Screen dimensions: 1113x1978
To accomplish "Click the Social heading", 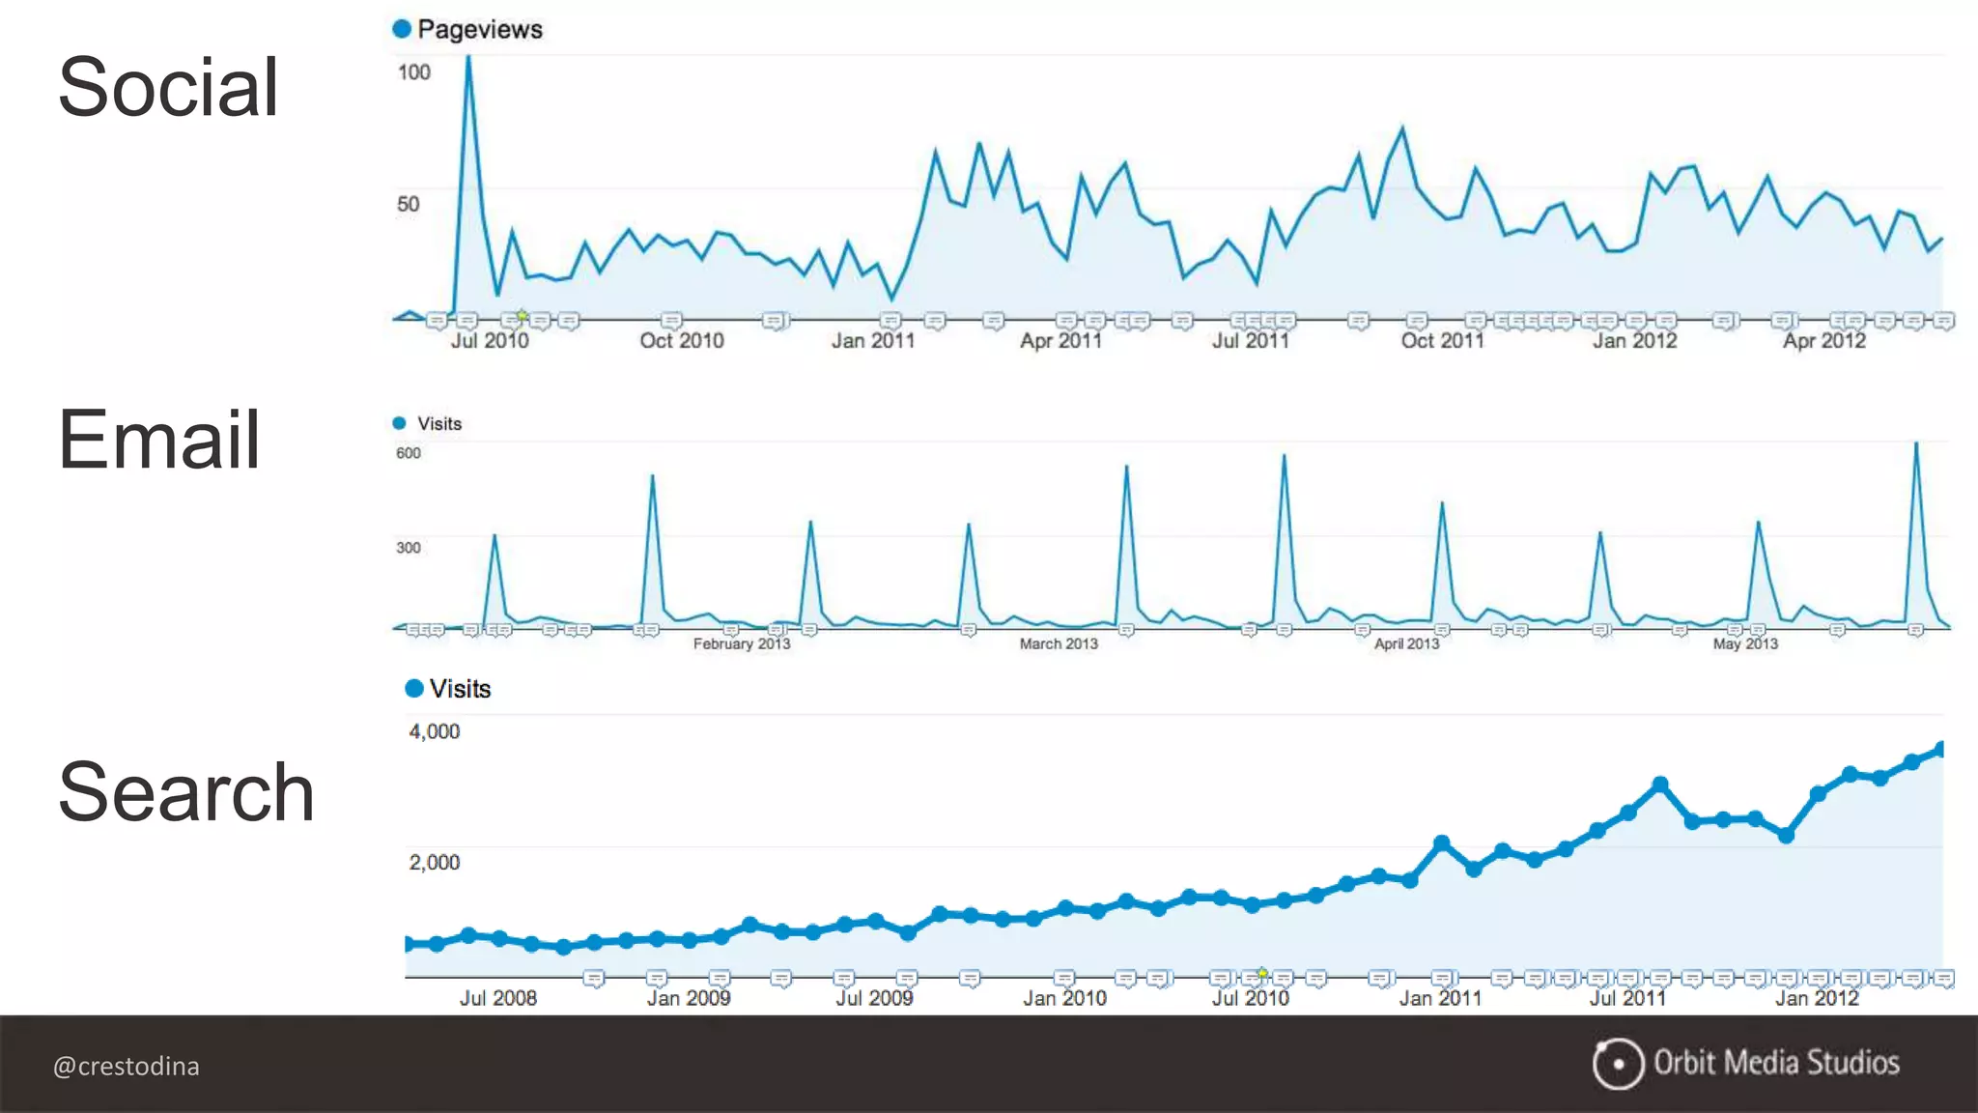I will point(168,87).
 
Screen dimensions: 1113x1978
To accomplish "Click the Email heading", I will point(159,440).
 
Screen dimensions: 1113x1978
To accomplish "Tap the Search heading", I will point(186,792).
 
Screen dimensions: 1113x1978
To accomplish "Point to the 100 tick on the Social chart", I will point(413,72).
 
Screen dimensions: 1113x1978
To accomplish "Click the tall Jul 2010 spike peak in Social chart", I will point(468,58).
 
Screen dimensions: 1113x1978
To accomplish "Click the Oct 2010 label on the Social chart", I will point(681,340).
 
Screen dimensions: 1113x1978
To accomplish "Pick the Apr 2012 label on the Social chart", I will point(1823,340).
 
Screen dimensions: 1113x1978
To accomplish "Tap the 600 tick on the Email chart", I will point(409,453).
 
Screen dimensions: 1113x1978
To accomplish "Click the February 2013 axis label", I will point(741,643).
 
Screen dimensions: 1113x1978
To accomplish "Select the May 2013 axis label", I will point(1744,643).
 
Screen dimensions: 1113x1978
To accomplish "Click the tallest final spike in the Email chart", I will point(1916,444).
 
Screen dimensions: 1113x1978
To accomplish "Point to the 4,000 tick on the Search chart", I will point(434,731).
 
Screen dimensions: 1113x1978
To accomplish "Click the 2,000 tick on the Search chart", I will point(434,862).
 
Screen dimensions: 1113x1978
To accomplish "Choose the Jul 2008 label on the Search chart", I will point(497,998).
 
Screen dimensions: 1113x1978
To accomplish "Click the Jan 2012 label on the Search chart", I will point(1816,998).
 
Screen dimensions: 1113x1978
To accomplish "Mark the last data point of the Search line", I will point(1939,749).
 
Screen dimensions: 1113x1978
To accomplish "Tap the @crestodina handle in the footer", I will point(126,1066).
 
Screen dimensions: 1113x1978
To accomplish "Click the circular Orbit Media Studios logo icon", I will point(1618,1064).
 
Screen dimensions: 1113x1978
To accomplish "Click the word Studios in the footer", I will point(1852,1063).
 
